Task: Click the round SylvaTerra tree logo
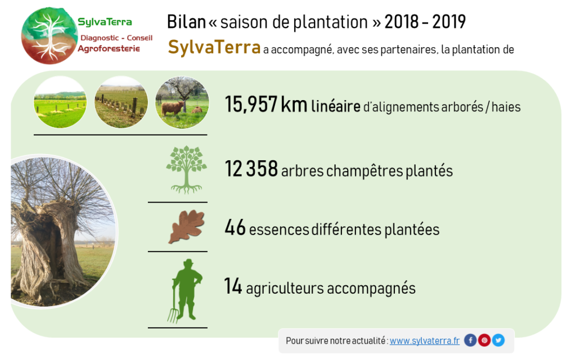point(49,35)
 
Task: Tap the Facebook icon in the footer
point(470,340)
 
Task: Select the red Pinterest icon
point(484,340)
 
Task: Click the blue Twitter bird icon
point(498,340)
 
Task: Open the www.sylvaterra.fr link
point(424,341)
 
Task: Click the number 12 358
point(251,169)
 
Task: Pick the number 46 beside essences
point(235,227)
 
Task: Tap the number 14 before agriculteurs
point(233,286)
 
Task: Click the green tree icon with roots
point(186,170)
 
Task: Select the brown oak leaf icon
point(186,226)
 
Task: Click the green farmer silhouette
point(188,290)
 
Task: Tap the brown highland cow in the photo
point(172,108)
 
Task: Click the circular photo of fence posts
point(121,102)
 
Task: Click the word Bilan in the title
point(186,22)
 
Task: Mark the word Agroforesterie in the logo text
point(109,49)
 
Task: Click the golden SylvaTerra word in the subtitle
point(214,47)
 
